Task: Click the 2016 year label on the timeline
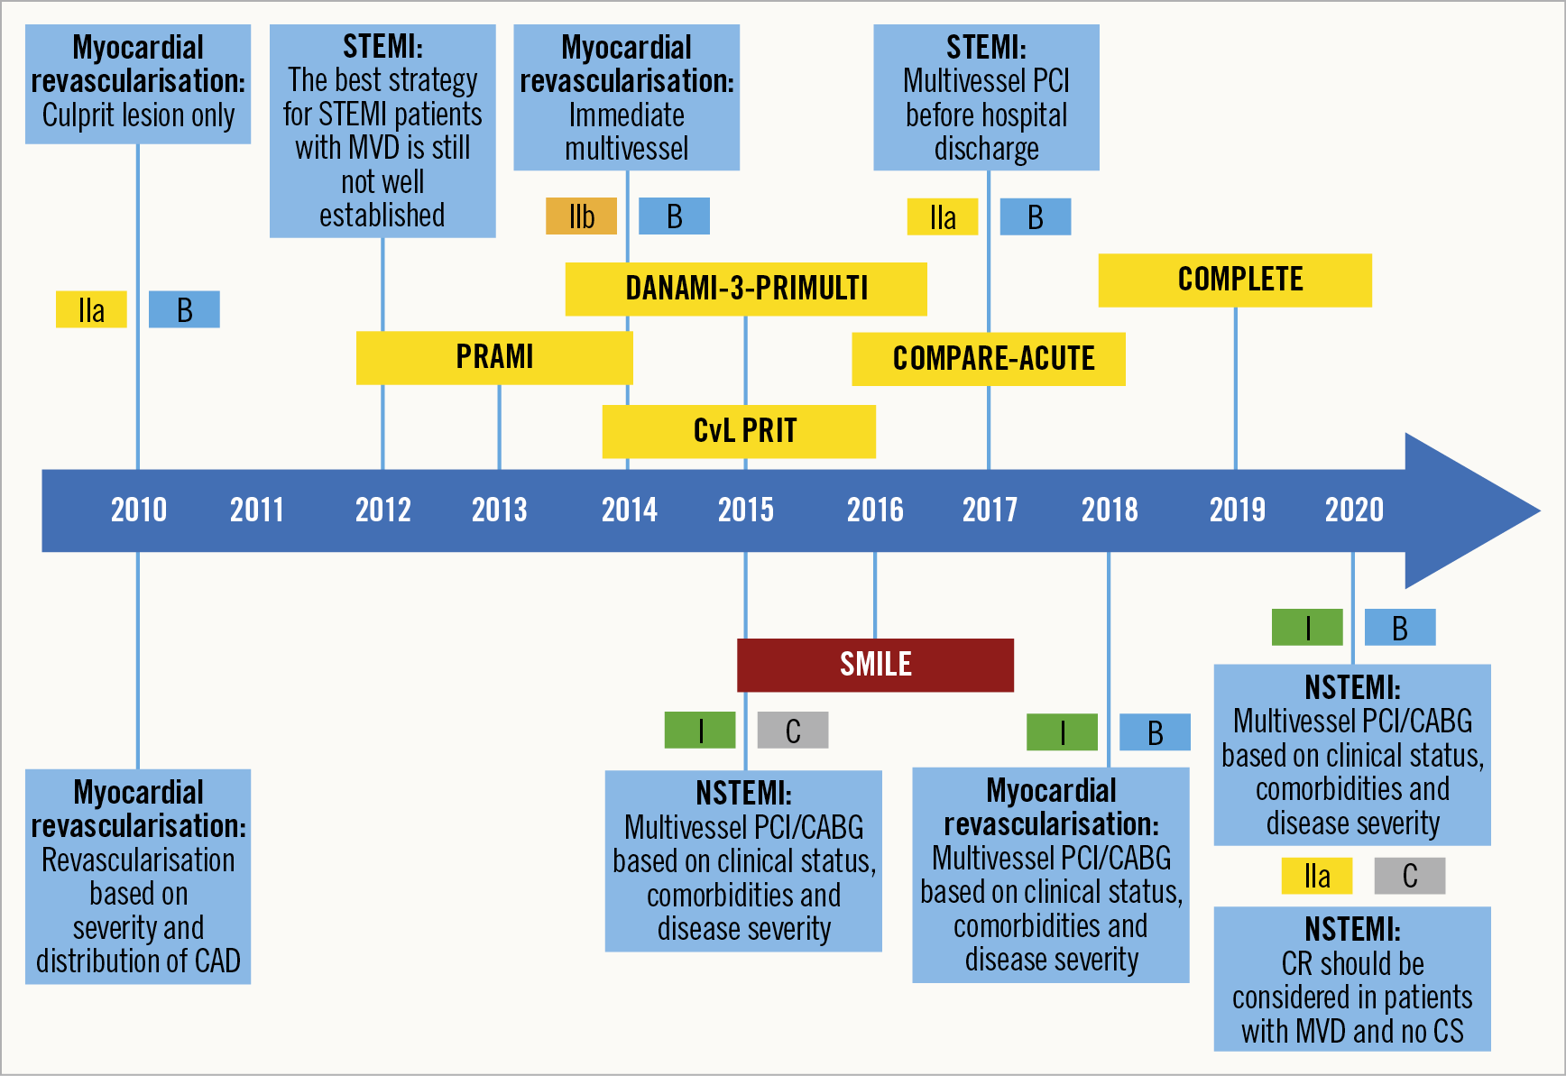point(874,510)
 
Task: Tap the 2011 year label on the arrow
point(256,510)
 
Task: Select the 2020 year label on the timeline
point(1353,510)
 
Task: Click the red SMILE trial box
point(875,665)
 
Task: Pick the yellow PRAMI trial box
point(494,357)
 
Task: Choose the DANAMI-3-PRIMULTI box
point(746,289)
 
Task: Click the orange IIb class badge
point(581,216)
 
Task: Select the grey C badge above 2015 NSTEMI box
point(792,731)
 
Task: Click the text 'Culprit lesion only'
point(138,115)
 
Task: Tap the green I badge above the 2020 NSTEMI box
point(1307,628)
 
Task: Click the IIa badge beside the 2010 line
point(91,310)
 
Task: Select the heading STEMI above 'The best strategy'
point(382,47)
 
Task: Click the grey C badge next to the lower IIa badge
point(1409,876)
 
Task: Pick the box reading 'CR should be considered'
point(1351,979)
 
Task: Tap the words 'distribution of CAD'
point(138,961)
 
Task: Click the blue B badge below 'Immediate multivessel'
point(674,216)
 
